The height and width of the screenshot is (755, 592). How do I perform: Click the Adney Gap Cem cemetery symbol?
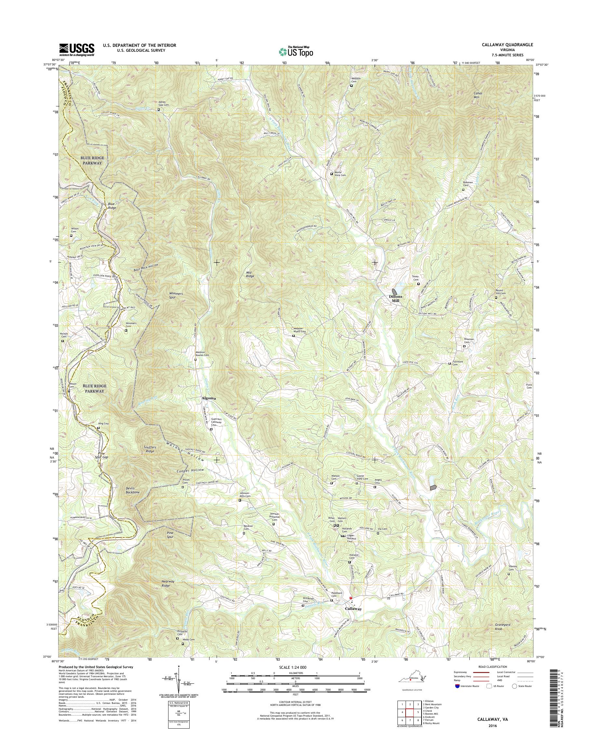tap(159, 110)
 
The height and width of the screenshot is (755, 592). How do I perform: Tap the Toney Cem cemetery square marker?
tap(418, 284)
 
